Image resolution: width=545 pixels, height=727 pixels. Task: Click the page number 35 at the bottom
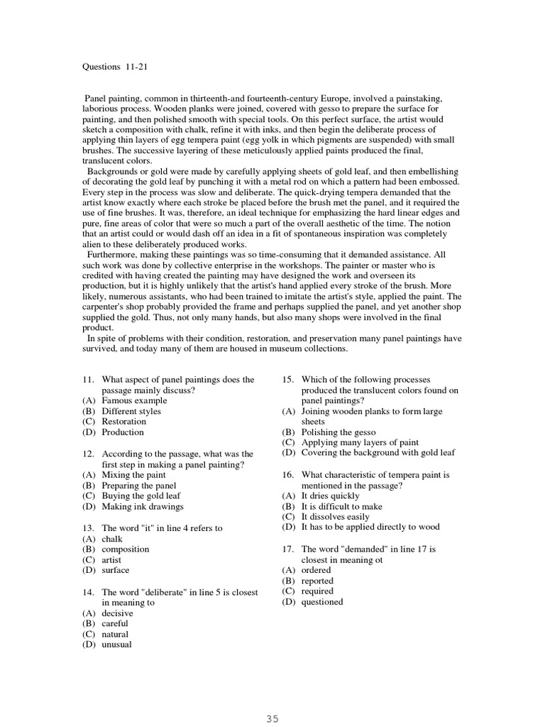(x=272, y=718)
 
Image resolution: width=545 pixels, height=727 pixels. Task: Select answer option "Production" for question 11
(x=122, y=432)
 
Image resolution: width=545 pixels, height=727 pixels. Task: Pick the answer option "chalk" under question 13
(x=112, y=539)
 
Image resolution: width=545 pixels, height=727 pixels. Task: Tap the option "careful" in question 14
(x=115, y=623)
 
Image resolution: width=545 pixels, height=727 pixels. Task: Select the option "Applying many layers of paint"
(x=360, y=442)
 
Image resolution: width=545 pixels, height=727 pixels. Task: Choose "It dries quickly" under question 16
(x=330, y=496)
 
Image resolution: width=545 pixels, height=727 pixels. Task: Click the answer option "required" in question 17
(x=316, y=591)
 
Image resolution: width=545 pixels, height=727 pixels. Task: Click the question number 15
(x=287, y=380)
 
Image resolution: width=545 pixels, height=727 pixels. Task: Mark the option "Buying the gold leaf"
(x=141, y=496)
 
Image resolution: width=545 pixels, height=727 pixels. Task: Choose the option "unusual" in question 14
(x=116, y=645)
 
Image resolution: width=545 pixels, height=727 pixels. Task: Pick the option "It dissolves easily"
(x=336, y=517)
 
